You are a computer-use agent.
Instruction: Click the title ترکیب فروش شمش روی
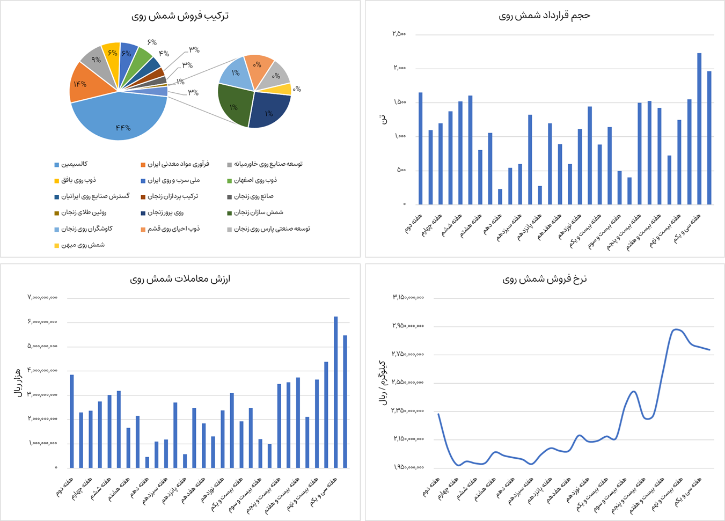(x=180, y=16)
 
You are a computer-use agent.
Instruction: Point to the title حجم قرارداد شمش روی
(x=544, y=16)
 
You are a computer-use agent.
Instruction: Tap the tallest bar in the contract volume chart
(x=699, y=129)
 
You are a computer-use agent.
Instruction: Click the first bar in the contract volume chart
(x=421, y=149)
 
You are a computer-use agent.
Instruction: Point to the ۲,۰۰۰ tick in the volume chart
(x=399, y=68)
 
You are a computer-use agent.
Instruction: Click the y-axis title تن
(x=383, y=119)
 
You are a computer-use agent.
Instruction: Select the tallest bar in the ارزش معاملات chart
(x=335, y=392)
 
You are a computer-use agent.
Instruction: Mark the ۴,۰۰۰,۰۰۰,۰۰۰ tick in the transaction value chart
(x=42, y=371)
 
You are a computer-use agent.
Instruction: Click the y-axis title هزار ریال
(x=17, y=382)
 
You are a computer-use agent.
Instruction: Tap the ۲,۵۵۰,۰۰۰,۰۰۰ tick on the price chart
(x=408, y=383)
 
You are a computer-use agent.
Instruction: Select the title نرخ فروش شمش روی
(x=544, y=279)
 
